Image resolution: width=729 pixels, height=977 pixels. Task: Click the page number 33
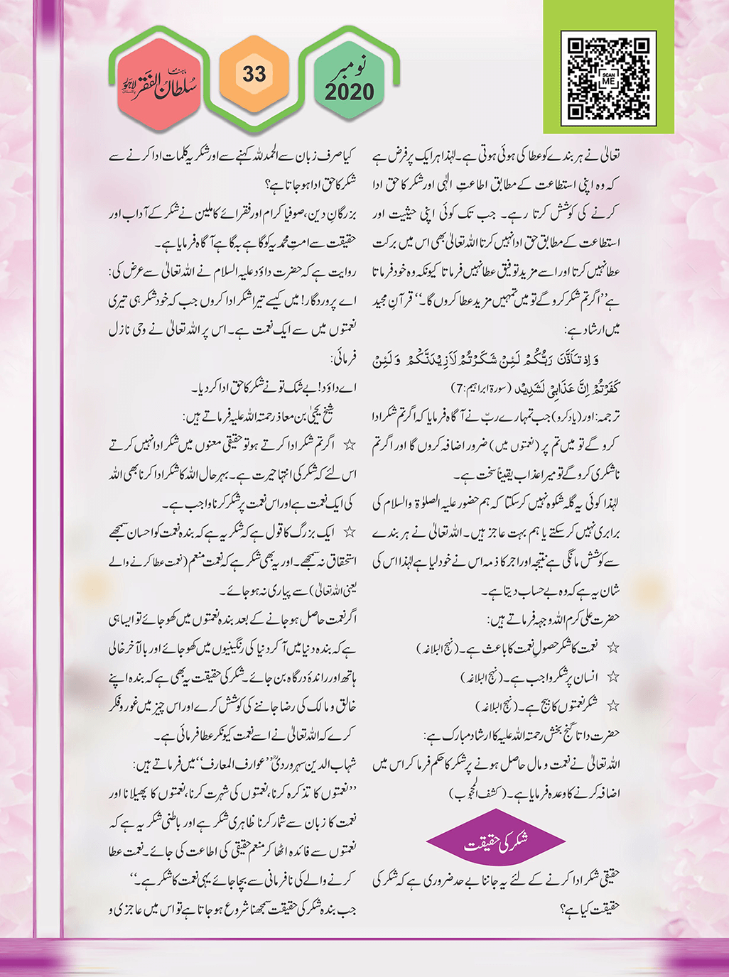[x=254, y=74]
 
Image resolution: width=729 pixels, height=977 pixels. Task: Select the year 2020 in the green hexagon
[x=349, y=92]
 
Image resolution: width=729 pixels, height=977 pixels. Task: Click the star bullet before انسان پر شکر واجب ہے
[x=612, y=677]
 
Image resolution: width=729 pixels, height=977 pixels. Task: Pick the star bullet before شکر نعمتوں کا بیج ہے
[x=612, y=706]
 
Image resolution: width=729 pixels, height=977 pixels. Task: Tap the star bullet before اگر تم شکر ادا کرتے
[x=349, y=445]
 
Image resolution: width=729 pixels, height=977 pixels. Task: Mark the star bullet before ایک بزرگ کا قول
[x=349, y=532]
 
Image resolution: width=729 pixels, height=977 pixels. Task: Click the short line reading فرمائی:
[x=343, y=359]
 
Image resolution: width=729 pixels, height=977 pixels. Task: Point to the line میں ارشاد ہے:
[x=592, y=330]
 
